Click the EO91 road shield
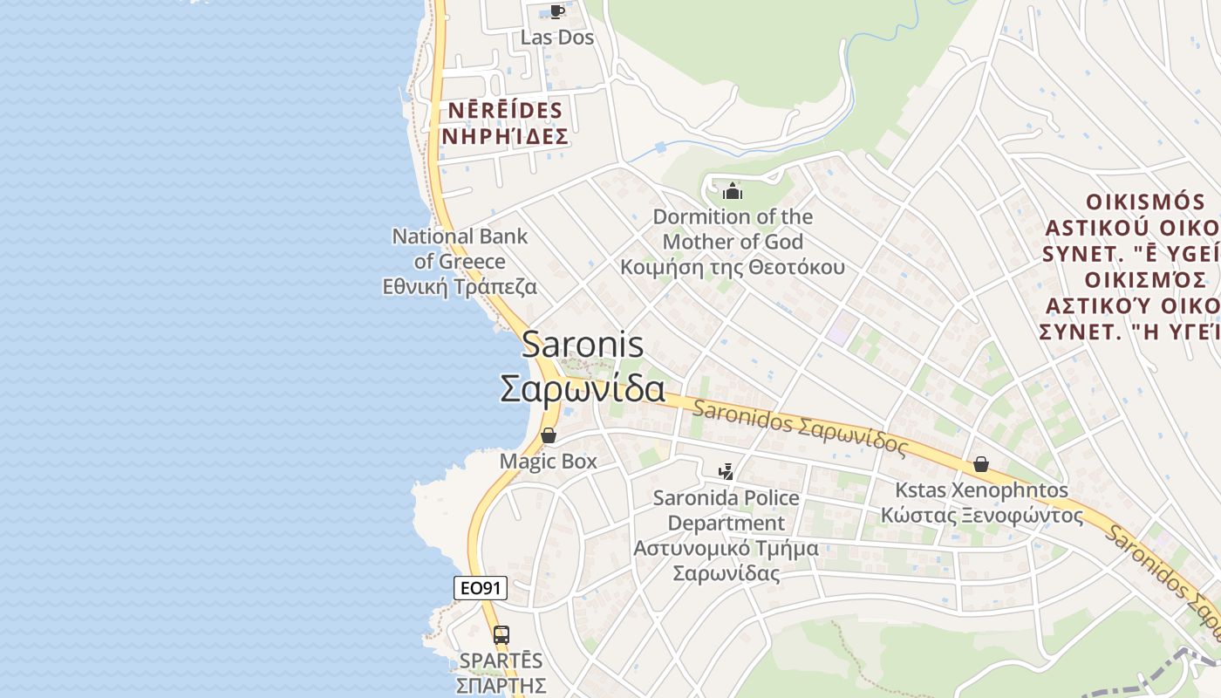pyautogui.click(x=481, y=588)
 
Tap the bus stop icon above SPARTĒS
pyautogui.click(x=501, y=635)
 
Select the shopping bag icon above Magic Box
pyautogui.click(x=549, y=435)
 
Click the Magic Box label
pyautogui.click(x=549, y=462)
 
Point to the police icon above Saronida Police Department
pyautogui.click(x=726, y=472)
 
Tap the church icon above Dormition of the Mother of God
pyautogui.click(x=733, y=191)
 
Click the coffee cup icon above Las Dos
pyautogui.click(x=556, y=12)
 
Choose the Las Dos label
pyautogui.click(x=557, y=38)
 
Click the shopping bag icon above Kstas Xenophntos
pyautogui.click(x=981, y=464)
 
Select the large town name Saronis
pyautogui.click(x=583, y=345)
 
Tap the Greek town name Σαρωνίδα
pyautogui.click(x=583, y=389)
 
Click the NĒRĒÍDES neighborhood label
pyautogui.click(x=506, y=111)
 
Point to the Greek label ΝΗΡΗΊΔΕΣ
pyautogui.click(x=506, y=137)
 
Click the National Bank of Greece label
pyautogui.click(x=460, y=249)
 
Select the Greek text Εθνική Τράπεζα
pyautogui.click(x=460, y=287)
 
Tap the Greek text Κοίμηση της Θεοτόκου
pyautogui.click(x=733, y=267)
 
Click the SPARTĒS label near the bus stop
pyautogui.click(x=501, y=661)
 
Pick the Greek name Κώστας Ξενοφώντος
pyautogui.click(x=982, y=516)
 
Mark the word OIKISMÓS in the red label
pyautogui.click(x=1143, y=202)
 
